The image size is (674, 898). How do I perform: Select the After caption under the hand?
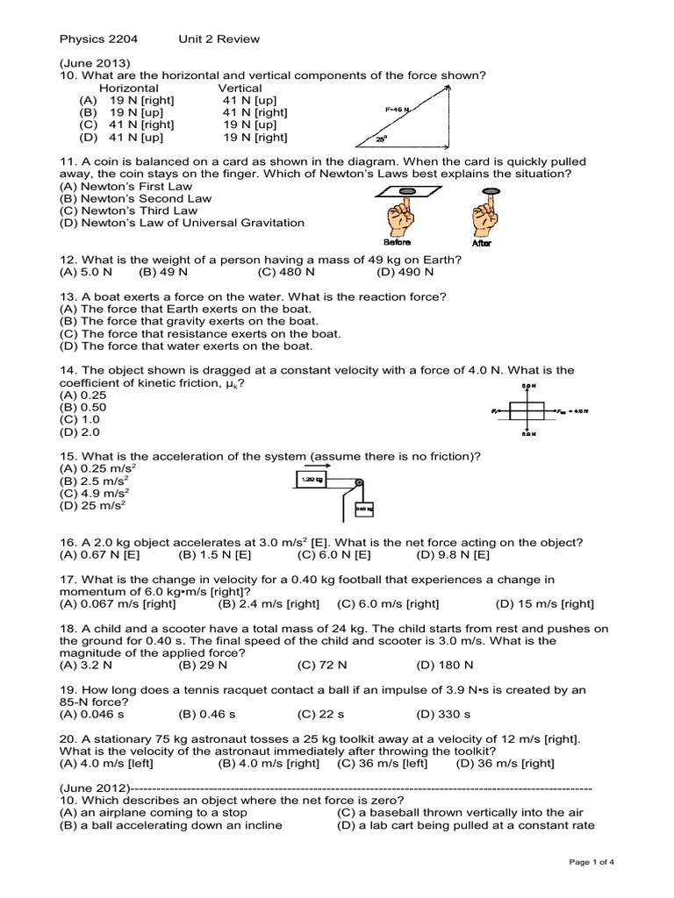[x=482, y=243]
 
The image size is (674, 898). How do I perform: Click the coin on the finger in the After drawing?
[x=487, y=190]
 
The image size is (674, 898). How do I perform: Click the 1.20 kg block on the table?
[x=312, y=481]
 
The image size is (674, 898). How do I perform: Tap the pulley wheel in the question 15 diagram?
[x=358, y=481]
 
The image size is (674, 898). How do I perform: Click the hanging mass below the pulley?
[x=363, y=509]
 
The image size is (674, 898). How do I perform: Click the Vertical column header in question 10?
[x=240, y=88]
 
